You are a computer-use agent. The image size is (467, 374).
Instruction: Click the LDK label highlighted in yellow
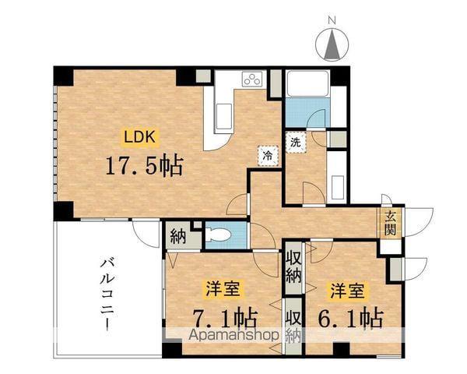coord(142,136)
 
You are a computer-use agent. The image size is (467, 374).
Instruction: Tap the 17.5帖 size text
coord(146,165)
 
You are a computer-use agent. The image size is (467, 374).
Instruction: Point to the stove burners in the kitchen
coord(253,78)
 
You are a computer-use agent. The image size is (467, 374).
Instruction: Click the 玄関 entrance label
coord(389,224)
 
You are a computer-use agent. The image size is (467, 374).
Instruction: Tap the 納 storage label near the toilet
coord(177,235)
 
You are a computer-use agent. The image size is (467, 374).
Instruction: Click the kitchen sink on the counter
coord(221,118)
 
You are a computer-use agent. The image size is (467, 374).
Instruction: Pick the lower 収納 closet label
coord(293,327)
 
